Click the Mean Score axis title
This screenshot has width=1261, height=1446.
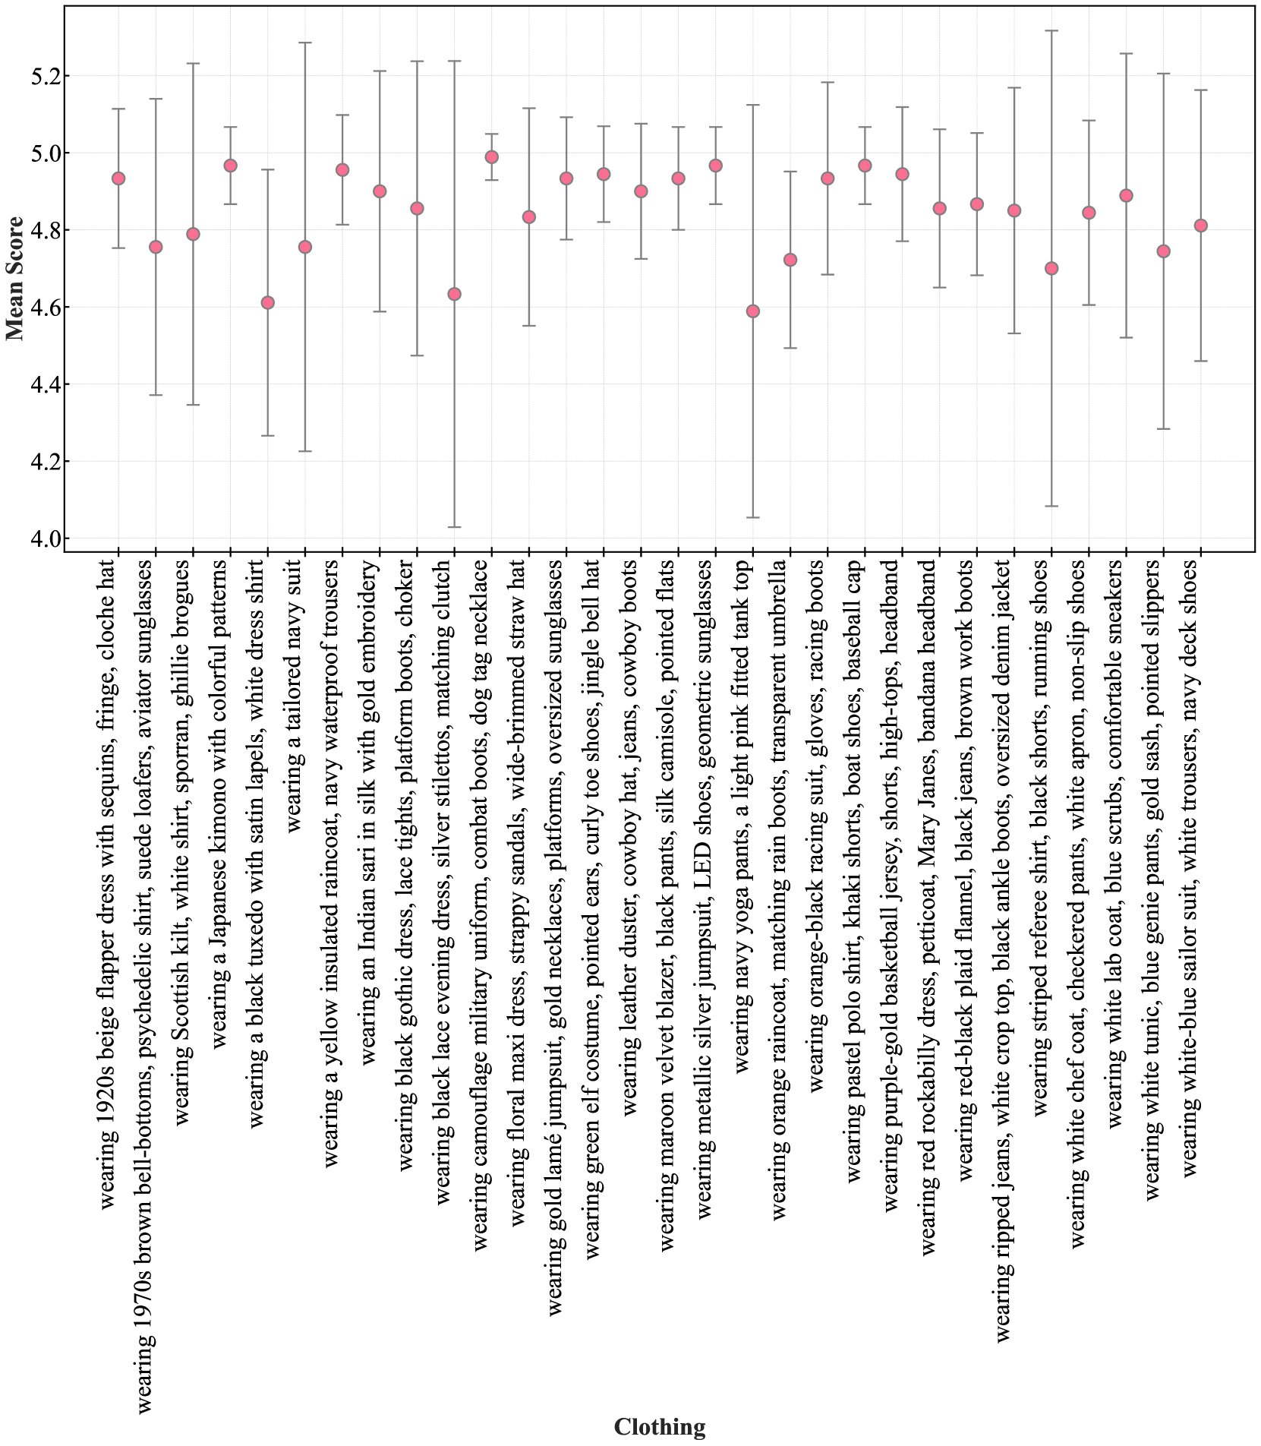tap(15, 279)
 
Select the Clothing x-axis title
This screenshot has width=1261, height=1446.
tap(659, 1427)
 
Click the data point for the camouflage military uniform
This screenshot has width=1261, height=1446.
tap(492, 157)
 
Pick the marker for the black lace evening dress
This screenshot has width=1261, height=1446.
tap(454, 294)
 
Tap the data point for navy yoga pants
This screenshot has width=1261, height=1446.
tap(753, 311)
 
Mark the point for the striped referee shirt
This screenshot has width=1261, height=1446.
tap(1051, 268)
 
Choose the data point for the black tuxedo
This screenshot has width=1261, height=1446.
tap(267, 302)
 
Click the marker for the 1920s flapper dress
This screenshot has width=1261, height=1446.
tap(118, 178)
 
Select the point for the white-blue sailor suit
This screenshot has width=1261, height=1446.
tap(1201, 226)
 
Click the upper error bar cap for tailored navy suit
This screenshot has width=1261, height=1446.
tap(305, 43)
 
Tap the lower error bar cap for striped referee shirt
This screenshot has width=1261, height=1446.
tap(1051, 506)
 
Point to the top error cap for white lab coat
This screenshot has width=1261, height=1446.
tap(1127, 54)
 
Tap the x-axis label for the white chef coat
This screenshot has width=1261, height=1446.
tap(1078, 904)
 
